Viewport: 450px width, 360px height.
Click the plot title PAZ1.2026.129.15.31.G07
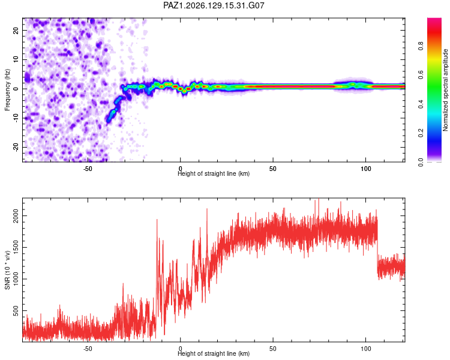point(214,5)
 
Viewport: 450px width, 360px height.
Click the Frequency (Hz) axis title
point(7,89)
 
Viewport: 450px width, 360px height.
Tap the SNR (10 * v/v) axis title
point(7,270)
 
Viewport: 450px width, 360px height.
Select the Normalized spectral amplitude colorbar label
point(445,90)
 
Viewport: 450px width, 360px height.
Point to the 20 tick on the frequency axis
point(16,30)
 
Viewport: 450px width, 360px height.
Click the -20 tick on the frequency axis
point(16,147)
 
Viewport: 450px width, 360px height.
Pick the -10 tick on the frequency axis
point(16,118)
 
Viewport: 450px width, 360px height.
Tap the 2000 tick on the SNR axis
point(16,215)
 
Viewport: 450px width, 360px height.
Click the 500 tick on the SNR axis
point(16,311)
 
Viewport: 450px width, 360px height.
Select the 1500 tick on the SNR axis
point(16,247)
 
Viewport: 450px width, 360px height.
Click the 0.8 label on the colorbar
point(421,46)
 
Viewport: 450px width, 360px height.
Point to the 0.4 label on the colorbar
point(421,104)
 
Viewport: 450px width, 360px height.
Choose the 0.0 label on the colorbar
point(421,163)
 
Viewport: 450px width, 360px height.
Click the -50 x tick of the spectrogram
point(88,169)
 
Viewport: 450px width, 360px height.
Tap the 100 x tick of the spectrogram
point(365,169)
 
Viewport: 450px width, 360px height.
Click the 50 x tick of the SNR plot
point(273,349)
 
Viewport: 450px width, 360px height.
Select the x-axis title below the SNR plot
point(214,353)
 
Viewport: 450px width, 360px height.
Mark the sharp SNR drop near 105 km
point(377,247)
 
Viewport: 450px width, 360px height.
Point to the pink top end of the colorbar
point(434,20)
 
